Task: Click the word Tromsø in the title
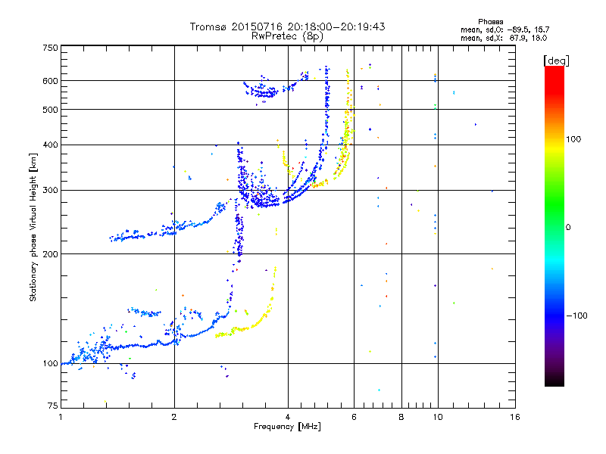pos(208,26)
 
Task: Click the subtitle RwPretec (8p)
pos(287,36)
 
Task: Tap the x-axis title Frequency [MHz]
pos(287,427)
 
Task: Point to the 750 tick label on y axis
pos(50,48)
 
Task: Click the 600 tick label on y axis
pos(50,81)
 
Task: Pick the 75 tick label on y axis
pos(53,406)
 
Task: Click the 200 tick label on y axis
pos(50,254)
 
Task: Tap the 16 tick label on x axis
pos(515,417)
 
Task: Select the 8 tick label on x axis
pos(401,417)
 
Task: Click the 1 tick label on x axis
pos(61,417)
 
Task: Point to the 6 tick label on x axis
pos(354,417)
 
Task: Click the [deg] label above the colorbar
pos(556,61)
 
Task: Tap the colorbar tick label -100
pos(577,316)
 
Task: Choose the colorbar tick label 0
pos(568,228)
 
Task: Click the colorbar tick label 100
pos(573,139)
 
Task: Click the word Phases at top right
pos(490,22)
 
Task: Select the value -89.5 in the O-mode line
pos(517,30)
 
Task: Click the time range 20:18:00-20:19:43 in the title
pos(336,26)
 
